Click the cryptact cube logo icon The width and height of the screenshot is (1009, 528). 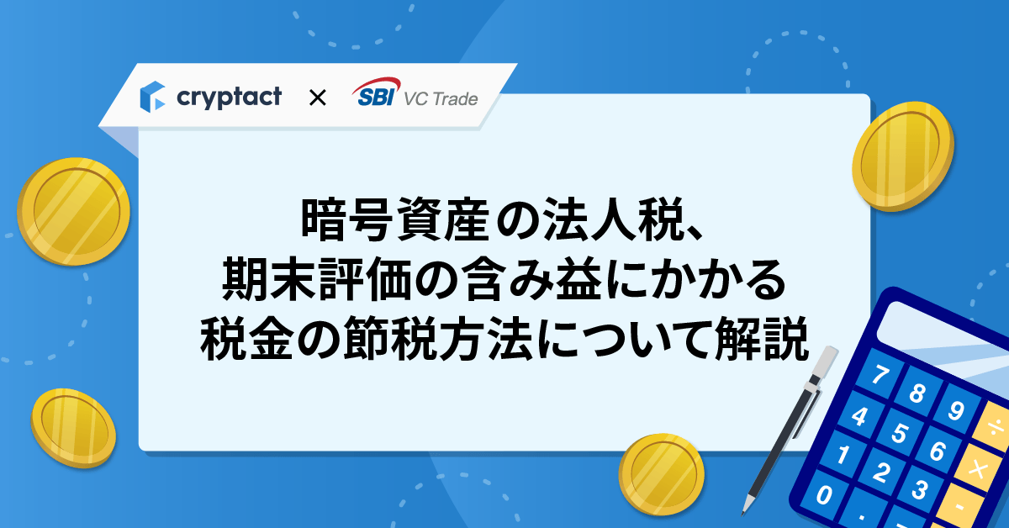[x=152, y=97]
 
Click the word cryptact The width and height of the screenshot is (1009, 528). [x=229, y=98]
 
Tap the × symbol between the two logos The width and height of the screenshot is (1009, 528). [x=318, y=98]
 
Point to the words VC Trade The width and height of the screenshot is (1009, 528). [x=441, y=99]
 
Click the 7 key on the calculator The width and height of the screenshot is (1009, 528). [x=880, y=374]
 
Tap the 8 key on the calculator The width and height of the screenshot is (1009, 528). [x=917, y=393]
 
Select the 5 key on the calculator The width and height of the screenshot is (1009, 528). [x=899, y=432]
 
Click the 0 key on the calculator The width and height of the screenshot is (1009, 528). [x=824, y=494]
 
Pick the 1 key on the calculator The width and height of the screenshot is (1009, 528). [x=842, y=454]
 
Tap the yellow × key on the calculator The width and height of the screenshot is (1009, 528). [x=978, y=468]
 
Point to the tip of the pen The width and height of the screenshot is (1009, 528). [x=743, y=514]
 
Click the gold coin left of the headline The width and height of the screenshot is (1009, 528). [x=73, y=211]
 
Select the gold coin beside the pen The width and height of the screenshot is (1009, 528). [x=661, y=474]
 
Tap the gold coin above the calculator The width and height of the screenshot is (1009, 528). [x=903, y=156]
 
